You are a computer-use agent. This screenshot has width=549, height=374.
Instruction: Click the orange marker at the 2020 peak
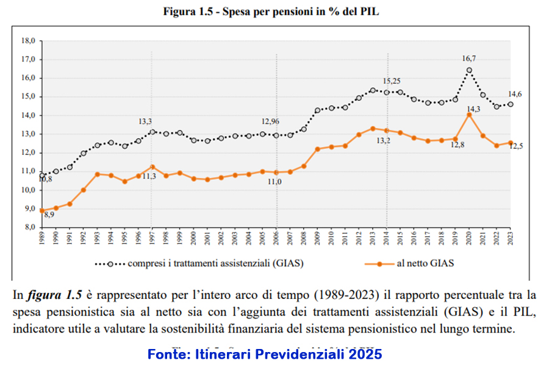[x=468, y=115]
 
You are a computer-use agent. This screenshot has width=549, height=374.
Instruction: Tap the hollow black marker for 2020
[x=468, y=70]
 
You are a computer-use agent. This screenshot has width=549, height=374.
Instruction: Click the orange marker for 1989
[x=42, y=210]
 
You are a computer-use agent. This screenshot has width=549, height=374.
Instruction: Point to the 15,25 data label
[x=392, y=81]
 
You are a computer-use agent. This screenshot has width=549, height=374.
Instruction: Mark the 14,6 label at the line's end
[x=515, y=93]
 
